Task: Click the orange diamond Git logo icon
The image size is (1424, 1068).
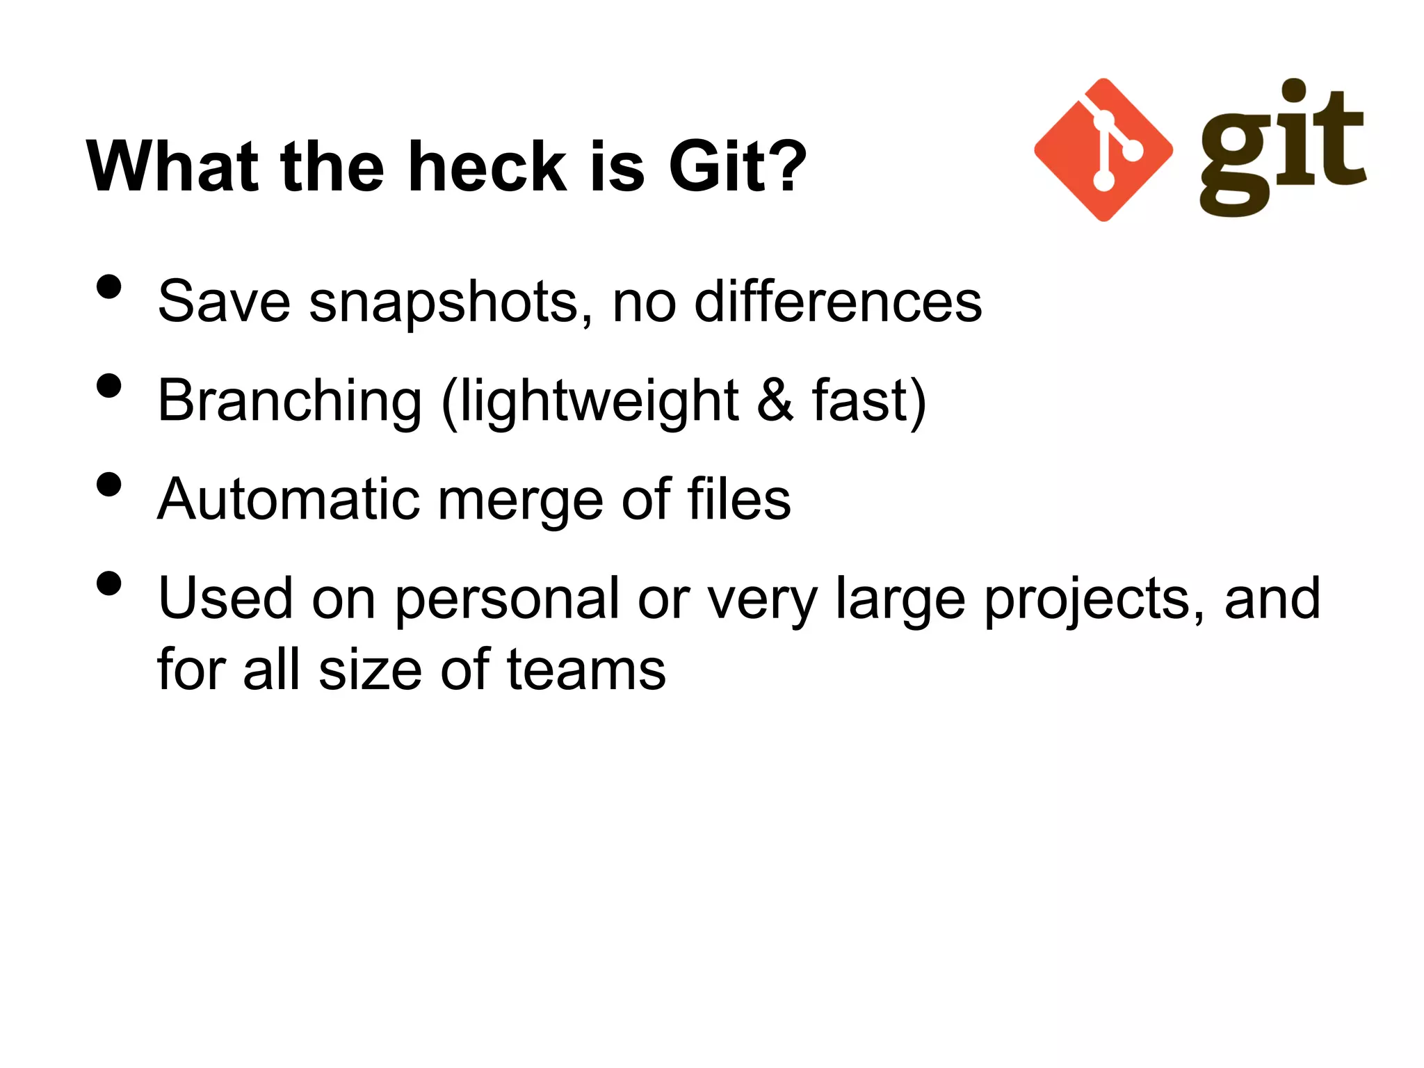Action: coord(1103,150)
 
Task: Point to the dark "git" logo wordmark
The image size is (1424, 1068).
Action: coord(1283,148)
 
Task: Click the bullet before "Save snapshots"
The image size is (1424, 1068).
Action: coord(109,286)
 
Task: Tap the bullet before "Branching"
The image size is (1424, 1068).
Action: coord(109,385)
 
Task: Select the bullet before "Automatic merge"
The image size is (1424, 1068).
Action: coord(109,485)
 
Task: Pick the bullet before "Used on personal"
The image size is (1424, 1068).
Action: coord(109,583)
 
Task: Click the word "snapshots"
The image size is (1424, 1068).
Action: coord(444,302)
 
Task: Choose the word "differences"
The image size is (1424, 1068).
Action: coord(838,302)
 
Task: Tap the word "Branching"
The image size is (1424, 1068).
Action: coord(290,401)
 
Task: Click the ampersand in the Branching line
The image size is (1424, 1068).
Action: coord(775,401)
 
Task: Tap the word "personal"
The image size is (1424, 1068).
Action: coord(507,599)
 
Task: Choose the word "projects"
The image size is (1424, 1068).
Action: coord(1094,599)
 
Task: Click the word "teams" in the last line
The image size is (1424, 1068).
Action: coord(586,670)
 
